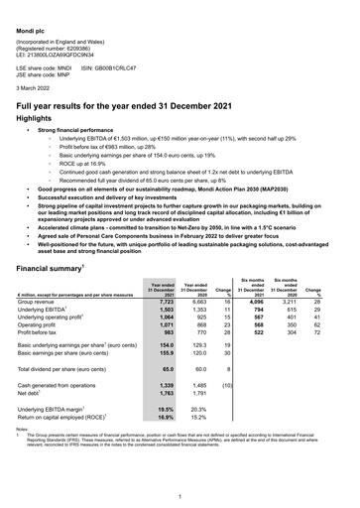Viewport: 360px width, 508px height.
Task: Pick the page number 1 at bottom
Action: click(180, 493)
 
